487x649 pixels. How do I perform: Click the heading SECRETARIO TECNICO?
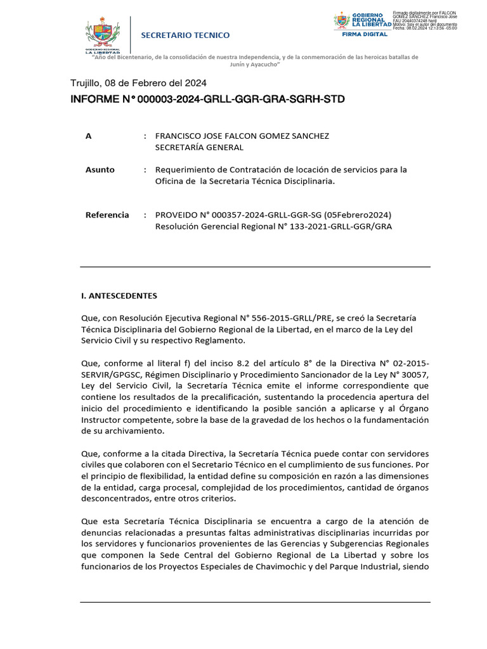[185, 35]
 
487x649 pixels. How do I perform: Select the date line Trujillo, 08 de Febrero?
[138, 82]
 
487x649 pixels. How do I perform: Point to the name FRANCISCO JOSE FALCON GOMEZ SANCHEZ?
[242, 136]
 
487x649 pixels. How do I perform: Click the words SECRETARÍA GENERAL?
[200, 147]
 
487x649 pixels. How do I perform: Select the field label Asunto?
[100, 170]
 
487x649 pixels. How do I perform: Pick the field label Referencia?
[107, 215]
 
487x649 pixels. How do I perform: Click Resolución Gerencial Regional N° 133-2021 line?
[273, 226]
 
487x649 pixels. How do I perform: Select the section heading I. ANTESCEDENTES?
[119, 295]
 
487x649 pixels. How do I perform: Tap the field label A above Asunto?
[88, 136]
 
